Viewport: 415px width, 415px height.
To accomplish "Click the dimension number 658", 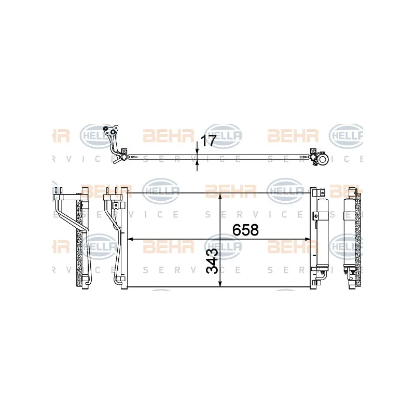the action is click(x=245, y=230).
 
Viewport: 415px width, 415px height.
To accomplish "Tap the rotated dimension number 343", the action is click(x=212, y=261).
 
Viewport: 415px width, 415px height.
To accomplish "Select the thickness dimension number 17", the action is click(x=209, y=141).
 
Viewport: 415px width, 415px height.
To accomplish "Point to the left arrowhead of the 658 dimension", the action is click(x=130, y=239).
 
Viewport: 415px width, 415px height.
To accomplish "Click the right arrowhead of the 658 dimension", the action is click(x=307, y=239).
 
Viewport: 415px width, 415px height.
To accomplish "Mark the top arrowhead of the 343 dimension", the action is click(x=220, y=196).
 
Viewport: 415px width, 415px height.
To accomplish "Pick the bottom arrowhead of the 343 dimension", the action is click(x=220, y=284).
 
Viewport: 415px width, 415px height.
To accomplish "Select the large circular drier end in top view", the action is click(x=323, y=159).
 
